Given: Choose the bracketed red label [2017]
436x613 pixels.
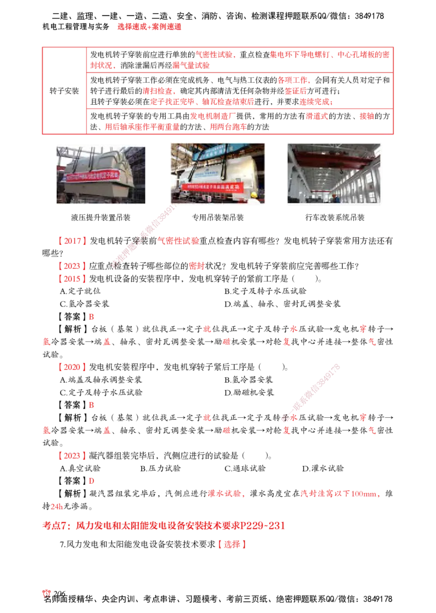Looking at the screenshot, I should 72,241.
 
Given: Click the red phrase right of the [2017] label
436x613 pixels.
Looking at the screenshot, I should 179,241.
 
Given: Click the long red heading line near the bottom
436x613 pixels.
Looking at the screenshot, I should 163,526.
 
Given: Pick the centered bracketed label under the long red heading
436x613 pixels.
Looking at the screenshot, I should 233,544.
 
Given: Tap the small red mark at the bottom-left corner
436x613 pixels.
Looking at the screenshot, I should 47,593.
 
